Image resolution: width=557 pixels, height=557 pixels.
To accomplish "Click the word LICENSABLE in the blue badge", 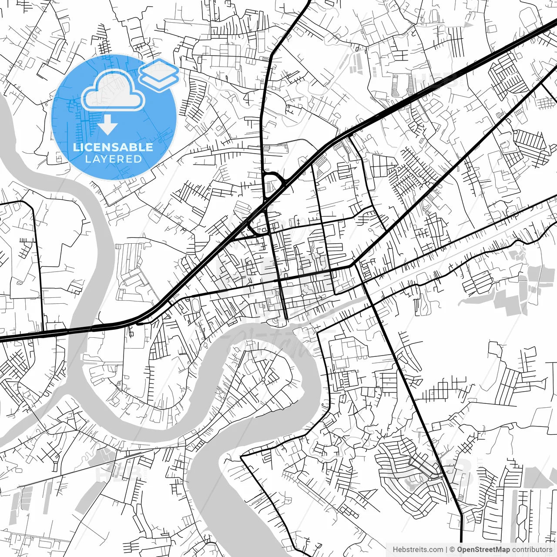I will click(x=113, y=147).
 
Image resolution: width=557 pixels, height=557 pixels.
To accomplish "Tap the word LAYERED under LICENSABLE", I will click(x=113, y=159).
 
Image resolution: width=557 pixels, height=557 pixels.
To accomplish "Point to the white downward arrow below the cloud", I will click(x=107, y=126).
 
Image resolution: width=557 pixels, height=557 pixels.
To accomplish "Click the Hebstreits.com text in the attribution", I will click(x=418, y=550).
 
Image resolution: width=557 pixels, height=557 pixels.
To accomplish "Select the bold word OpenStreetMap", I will click(x=483, y=550).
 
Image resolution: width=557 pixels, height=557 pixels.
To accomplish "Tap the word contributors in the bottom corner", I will click(x=532, y=550).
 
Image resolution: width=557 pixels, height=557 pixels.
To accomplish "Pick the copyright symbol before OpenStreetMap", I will click(x=453, y=550).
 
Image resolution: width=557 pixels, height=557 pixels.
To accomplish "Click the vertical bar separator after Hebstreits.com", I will click(x=447, y=550).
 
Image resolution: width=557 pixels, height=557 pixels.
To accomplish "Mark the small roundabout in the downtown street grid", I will click(x=302, y=295).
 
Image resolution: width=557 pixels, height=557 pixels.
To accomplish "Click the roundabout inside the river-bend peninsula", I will click(x=263, y=380).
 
